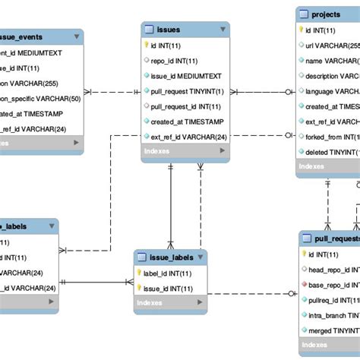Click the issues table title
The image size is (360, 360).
[168, 30]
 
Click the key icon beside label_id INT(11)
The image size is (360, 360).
[141, 273]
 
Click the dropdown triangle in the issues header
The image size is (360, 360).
[223, 30]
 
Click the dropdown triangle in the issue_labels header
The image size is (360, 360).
[201, 258]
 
